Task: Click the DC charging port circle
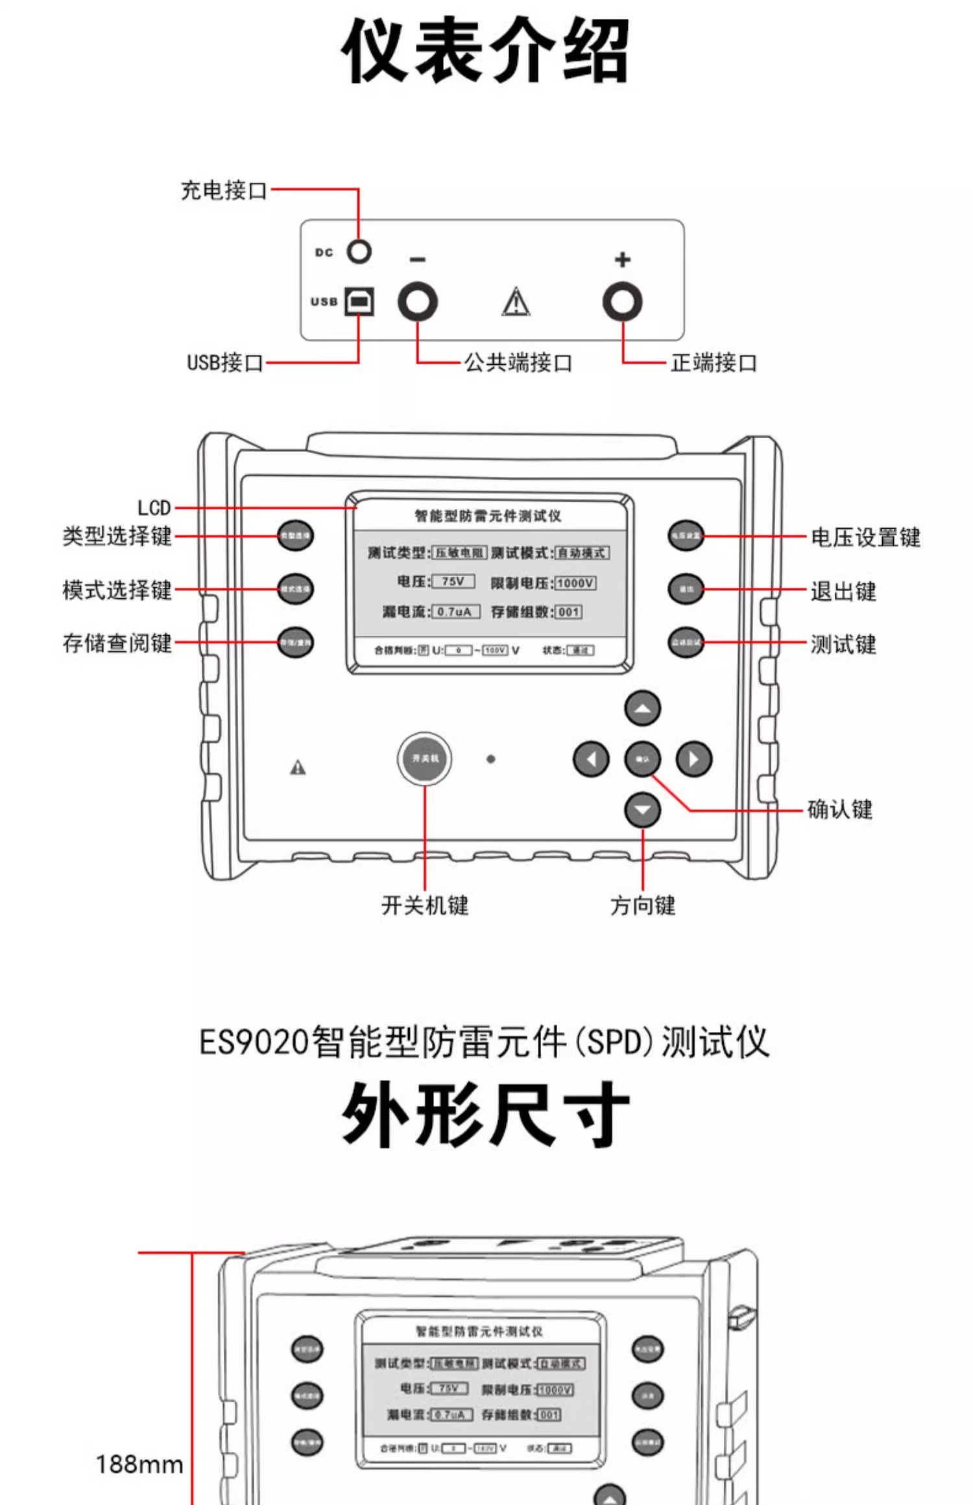click(359, 251)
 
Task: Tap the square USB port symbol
click(359, 301)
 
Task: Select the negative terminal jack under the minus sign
click(417, 302)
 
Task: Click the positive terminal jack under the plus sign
click(622, 302)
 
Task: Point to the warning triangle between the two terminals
click(516, 302)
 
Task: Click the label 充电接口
click(224, 191)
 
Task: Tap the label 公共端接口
click(518, 363)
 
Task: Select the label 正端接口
click(714, 363)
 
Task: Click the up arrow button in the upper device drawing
click(642, 708)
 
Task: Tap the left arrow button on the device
click(591, 759)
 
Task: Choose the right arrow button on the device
click(693, 759)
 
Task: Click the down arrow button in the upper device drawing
click(642, 810)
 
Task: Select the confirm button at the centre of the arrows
click(642, 759)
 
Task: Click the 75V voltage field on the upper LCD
click(453, 581)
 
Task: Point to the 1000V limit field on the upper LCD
click(575, 583)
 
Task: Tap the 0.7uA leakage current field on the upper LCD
click(455, 612)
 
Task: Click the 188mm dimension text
click(139, 1465)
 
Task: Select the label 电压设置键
click(865, 537)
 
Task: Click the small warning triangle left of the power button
click(298, 768)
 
